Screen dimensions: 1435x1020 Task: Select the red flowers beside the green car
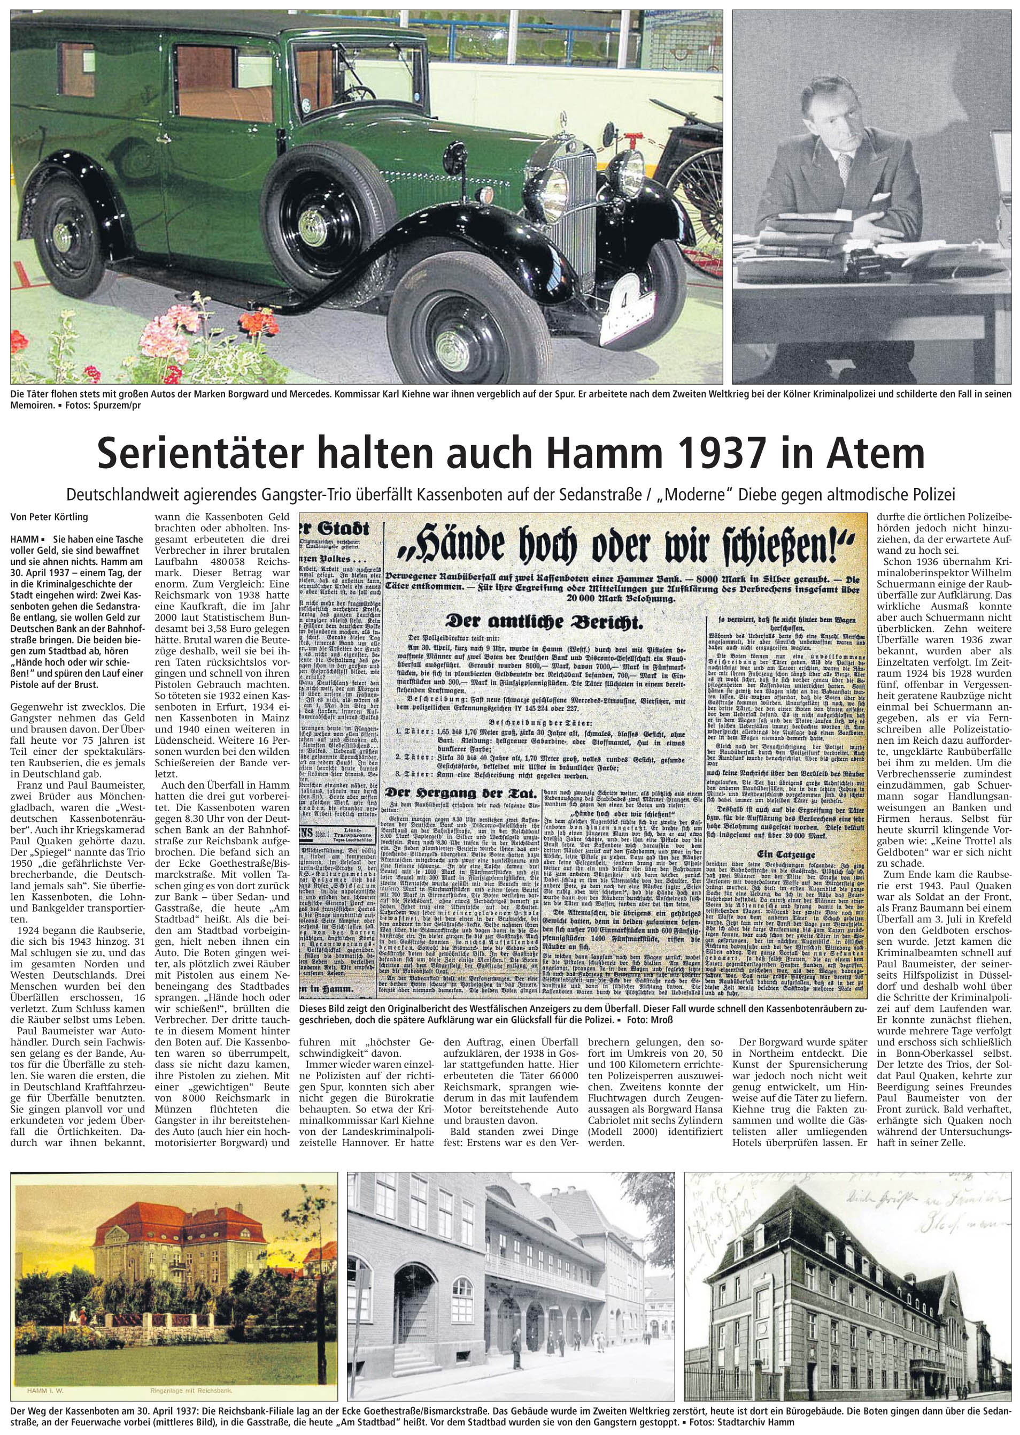coord(261,327)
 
